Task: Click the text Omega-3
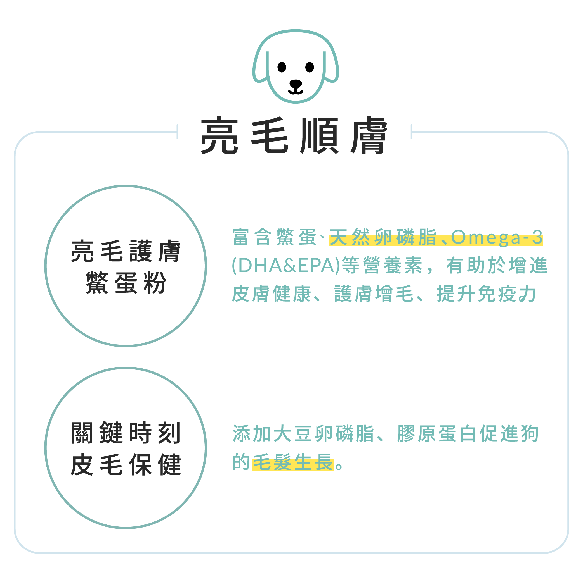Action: pyautogui.click(x=497, y=237)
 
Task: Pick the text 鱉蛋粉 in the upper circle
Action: pyautogui.click(x=126, y=282)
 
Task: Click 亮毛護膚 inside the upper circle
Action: pyautogui.click(x=126, y=251)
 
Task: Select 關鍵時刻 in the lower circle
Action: pyautogui.click(x=126, y=433)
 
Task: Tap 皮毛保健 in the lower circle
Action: pyautogui.click(x=126, y=464)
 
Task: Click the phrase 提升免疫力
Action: pyautogui.click(x=487, y=294)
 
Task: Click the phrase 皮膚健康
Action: pyautogui.click(x=272, y=294)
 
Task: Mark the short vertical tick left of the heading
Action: pyautogui.click(x=178, y=132)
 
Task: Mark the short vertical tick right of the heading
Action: pyautogui.click(x=411, y=132)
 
